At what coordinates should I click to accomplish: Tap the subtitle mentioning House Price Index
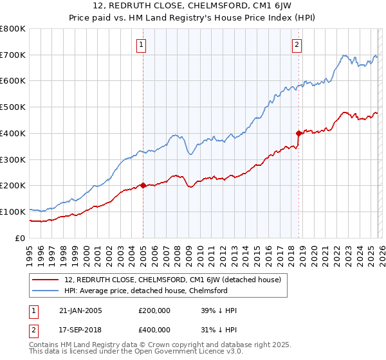(x=192, y=19)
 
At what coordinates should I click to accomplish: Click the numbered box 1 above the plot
(x=141, y=44)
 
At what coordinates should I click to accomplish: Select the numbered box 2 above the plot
(x=297, y=44)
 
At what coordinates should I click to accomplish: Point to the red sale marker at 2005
(x=143, y=185)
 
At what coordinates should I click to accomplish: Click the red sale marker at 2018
(x=299, y=133)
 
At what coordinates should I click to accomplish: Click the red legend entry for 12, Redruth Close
(x=172, y=280)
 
